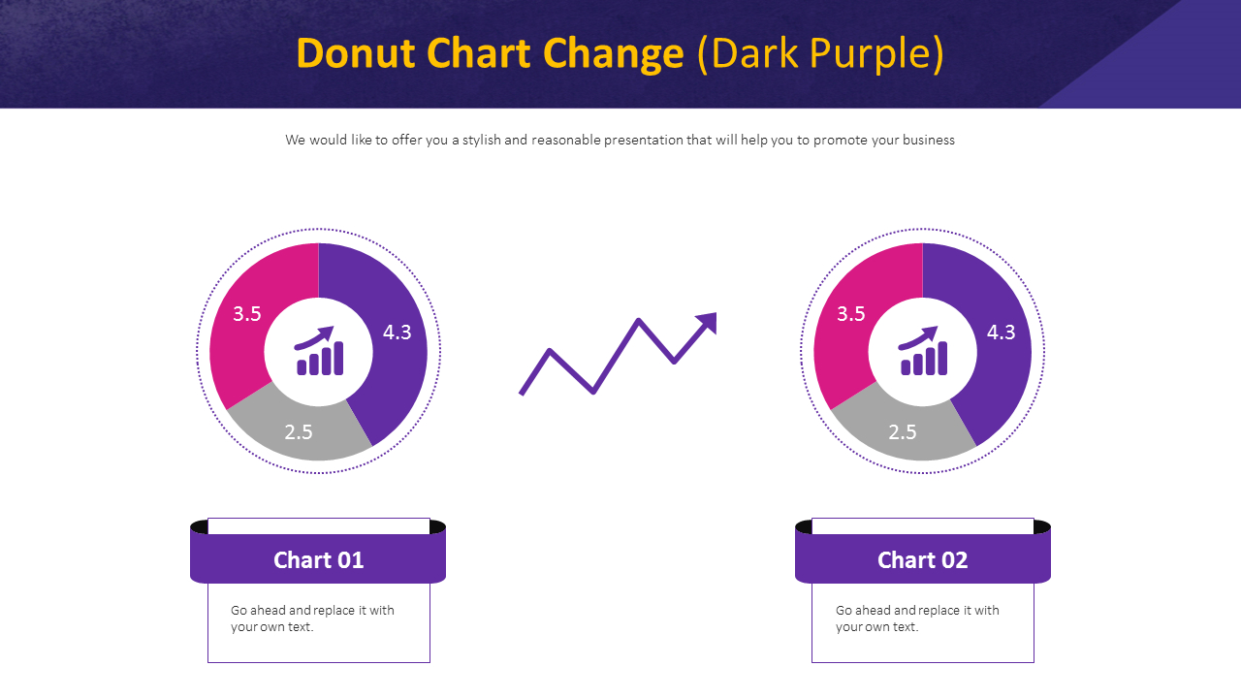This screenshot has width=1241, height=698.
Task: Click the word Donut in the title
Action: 356,54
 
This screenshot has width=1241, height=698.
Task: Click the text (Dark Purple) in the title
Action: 820,54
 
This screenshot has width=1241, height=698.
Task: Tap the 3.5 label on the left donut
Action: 247,313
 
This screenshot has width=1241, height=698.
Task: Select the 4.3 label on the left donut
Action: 398,333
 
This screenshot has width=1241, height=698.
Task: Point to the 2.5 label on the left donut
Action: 299,432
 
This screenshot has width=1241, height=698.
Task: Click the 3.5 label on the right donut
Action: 851,313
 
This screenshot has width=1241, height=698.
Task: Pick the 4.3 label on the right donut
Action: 1002,333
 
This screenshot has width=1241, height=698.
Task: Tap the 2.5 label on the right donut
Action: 903,432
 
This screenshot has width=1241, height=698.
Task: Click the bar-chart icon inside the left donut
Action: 319,351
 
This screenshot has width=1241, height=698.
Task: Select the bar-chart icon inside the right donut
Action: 923,351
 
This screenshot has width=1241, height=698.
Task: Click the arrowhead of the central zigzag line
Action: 708,322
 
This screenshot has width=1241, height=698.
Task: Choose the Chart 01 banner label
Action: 318,559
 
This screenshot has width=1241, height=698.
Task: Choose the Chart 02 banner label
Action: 922,559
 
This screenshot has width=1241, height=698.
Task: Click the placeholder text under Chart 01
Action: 312,619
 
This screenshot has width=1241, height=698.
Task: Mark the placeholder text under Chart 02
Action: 917,619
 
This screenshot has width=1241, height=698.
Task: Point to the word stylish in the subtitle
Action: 481,140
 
